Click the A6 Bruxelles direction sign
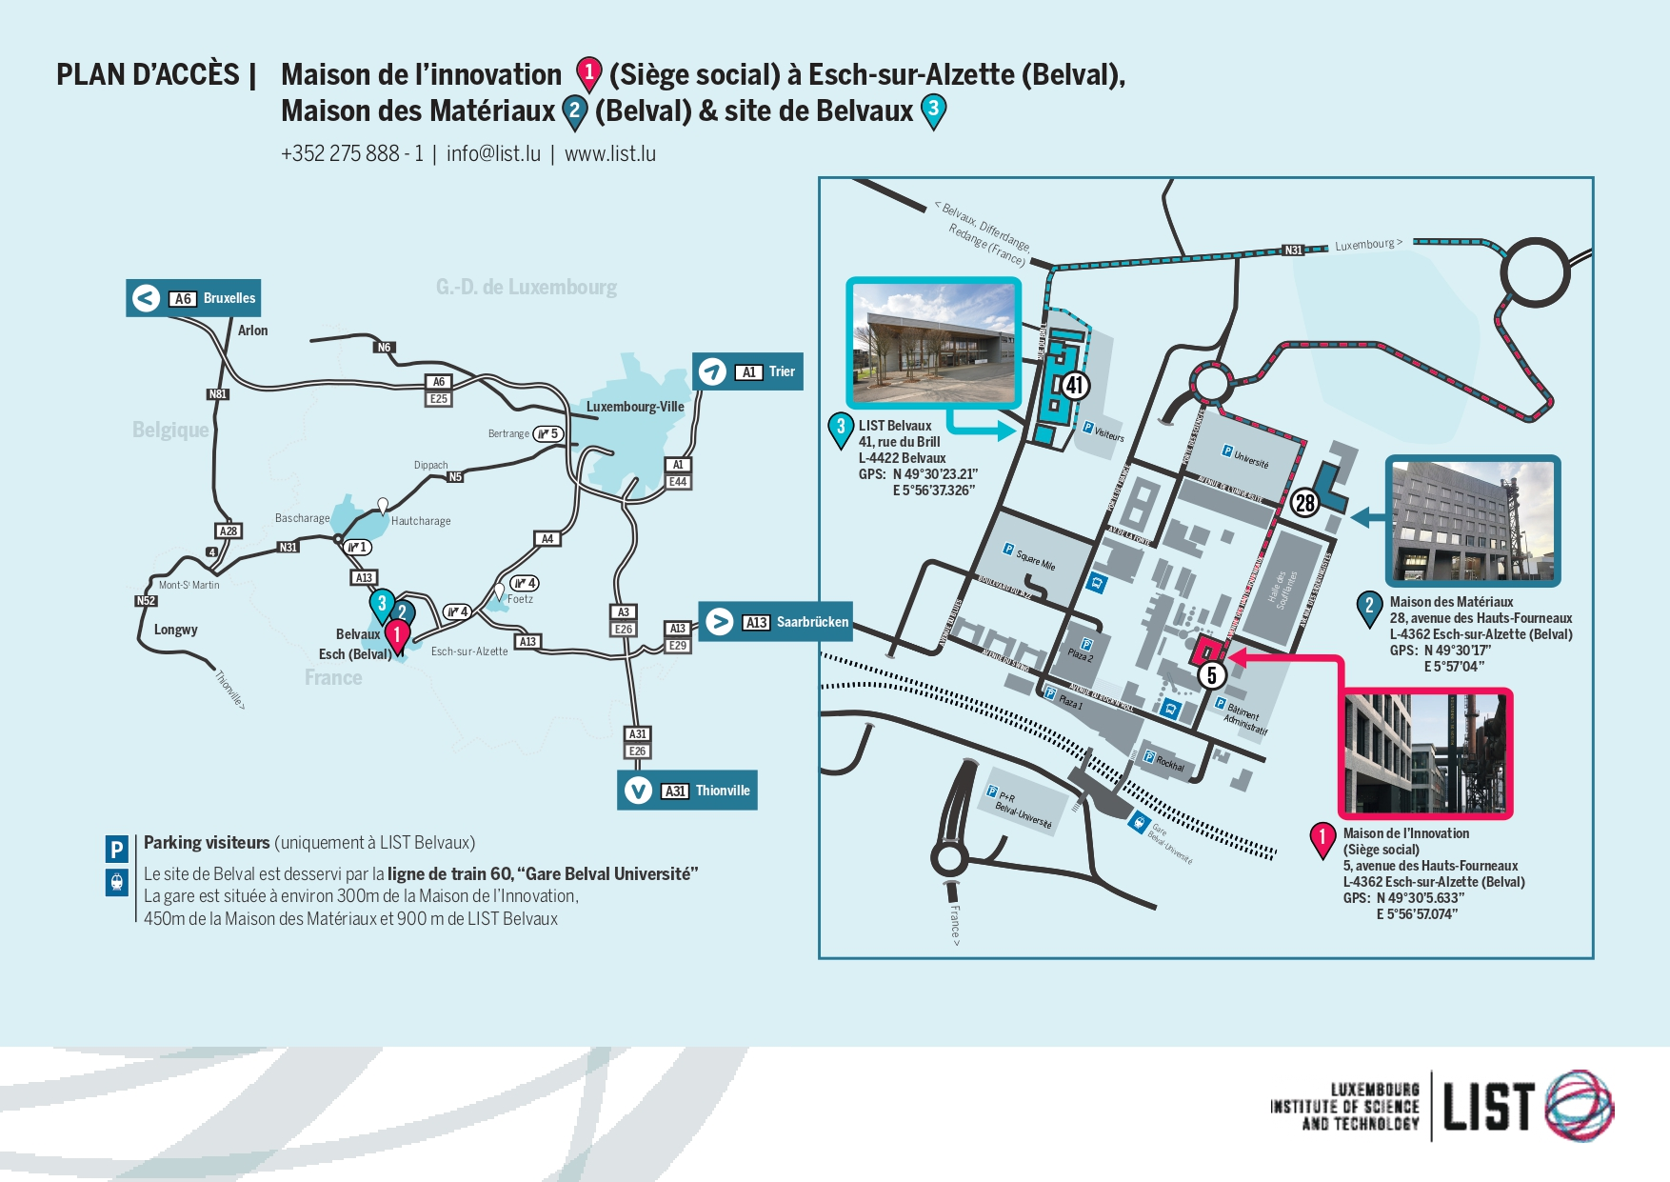pos(193,298)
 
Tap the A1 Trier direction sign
pos(748,371)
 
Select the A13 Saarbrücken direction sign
pos(775,622)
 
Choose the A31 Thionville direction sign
pos(687,791)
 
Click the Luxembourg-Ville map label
pos(635,407)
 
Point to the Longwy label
pos(176,630)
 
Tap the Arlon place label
pos(252,331)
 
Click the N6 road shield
pos(384,348)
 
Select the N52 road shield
pos(146,601)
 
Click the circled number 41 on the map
pos(1075,385)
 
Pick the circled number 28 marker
pos(1304,503)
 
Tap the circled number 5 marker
pos(1211,675)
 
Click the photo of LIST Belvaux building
pos(934,343)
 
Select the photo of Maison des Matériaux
pos(1472,520)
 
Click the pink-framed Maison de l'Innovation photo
pos(1425,753)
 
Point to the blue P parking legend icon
pos(116,849)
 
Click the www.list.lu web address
pos(610,154)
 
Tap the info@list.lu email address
pos(493,154)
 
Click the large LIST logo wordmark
pos(1488,1106)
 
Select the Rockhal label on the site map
pos(1170,763)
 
